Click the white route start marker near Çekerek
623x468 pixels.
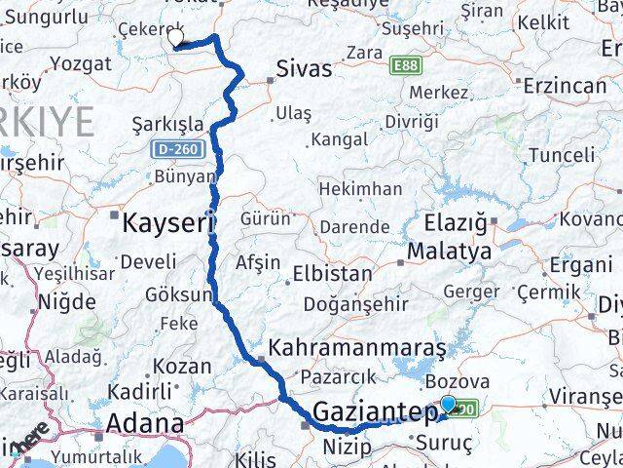(x=176, y=38)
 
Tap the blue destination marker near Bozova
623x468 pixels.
(x=448, y=404)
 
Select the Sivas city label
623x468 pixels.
(x=304, y=69)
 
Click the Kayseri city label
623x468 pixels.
(x=167, y=223)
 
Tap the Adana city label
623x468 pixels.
(x=144, y=424)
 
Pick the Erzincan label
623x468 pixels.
(x=564, y=85)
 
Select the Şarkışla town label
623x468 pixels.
(x=168, y=124)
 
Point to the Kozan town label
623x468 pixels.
(x=182, y=367)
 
